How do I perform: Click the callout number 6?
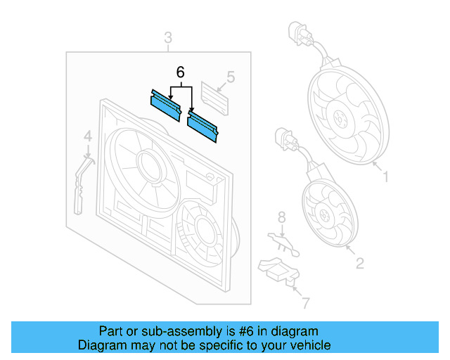click(180, 72)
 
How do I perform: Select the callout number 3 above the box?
click(168, 38)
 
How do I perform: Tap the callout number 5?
click(231, 77)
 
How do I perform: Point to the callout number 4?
click(88, 136)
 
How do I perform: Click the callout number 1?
click(386, 176)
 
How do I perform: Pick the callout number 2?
click(360, 263)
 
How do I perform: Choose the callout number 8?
click(282, 217)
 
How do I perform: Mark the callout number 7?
click(306, 303)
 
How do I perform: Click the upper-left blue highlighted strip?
click(166, 105)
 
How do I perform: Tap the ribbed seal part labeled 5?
click(214, 98)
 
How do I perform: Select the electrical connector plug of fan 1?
click(300, 33)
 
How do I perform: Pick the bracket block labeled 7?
click(279, 271)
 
